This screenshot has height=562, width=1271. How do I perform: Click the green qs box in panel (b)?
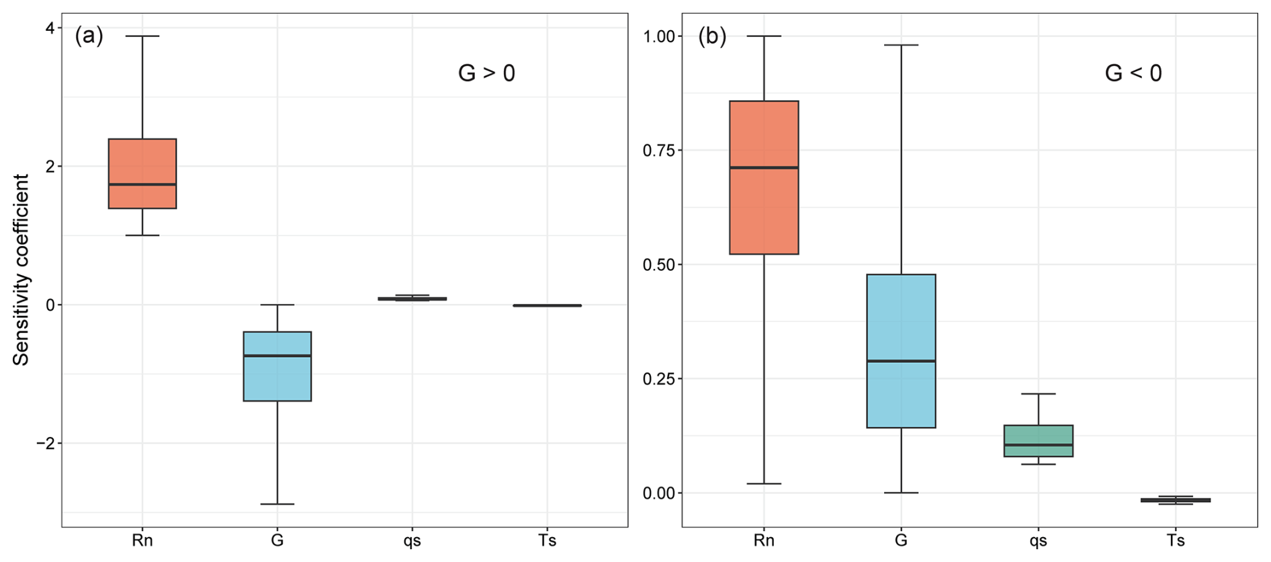(1038, 441)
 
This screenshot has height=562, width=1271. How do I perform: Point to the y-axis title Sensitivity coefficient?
(21, 270)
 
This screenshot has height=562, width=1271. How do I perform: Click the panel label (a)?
(89, 36)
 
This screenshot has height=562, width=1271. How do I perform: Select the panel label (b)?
(712, 36)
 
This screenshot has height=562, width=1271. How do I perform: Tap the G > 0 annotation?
(486, 73)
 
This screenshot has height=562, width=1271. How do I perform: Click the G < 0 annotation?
(1133, 73)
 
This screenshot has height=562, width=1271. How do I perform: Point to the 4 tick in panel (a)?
(50, 28)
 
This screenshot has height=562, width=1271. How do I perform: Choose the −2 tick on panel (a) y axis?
(45, 444)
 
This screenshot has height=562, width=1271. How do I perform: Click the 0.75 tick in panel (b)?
(658, 151)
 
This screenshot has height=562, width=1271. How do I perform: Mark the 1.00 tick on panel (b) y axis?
(658, 36)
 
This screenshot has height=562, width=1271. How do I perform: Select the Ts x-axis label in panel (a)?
(547, 540)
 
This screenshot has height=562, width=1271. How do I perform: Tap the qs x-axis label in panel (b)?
(1038, 540)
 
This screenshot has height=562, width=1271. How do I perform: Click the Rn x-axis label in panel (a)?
(142, 540)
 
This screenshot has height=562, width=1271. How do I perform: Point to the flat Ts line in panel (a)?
(547, 305)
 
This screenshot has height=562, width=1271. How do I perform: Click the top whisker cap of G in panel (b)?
(901, 45)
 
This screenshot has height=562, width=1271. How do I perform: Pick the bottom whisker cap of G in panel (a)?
(277, 504)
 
